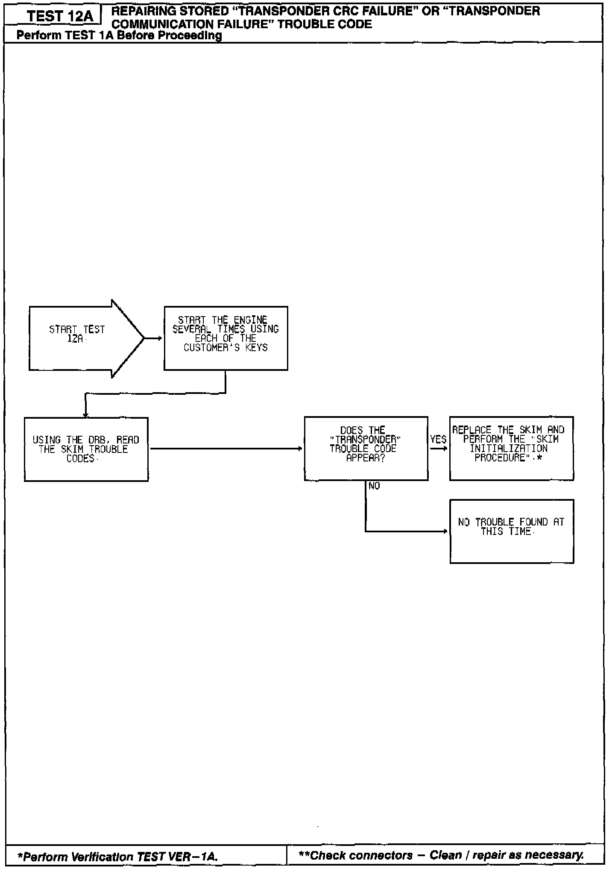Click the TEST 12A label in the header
pos(59,17)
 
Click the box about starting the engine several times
pos(225,338)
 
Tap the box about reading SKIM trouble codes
pos(86,449)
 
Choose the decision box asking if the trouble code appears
pos(366,448)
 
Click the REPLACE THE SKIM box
pos(511,448)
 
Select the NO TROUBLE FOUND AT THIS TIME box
pos(511,531)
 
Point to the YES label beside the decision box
pos(438,439)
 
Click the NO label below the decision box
pos(374,486)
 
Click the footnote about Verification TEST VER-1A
pos(118,856)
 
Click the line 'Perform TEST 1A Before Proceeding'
pos(119,35)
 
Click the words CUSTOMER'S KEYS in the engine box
pos(225,348)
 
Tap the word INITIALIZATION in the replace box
pos(508,449)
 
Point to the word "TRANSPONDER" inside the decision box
pos(365,440)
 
